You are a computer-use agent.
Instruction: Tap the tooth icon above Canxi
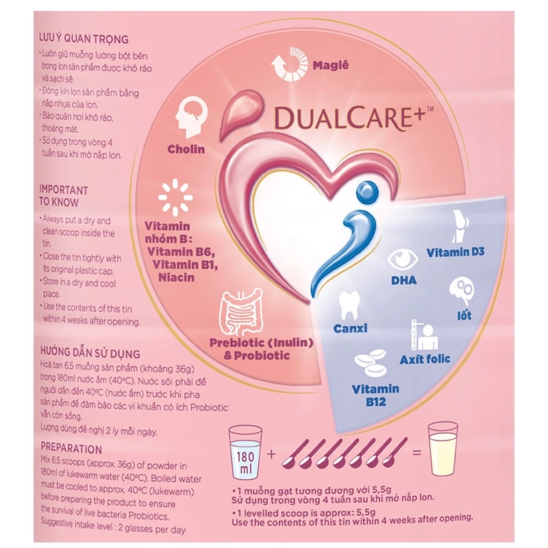click(x=349, y=304)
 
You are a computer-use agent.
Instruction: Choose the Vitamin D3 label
click(x=456, y=252)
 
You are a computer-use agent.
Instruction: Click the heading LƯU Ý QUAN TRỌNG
click(x=84, y=39)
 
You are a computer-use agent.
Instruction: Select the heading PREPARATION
click(x=71, y=449)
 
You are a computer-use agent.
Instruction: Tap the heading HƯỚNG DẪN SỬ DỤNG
click(x=90, y=354)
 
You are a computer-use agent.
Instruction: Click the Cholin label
click(x=186, y=149)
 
